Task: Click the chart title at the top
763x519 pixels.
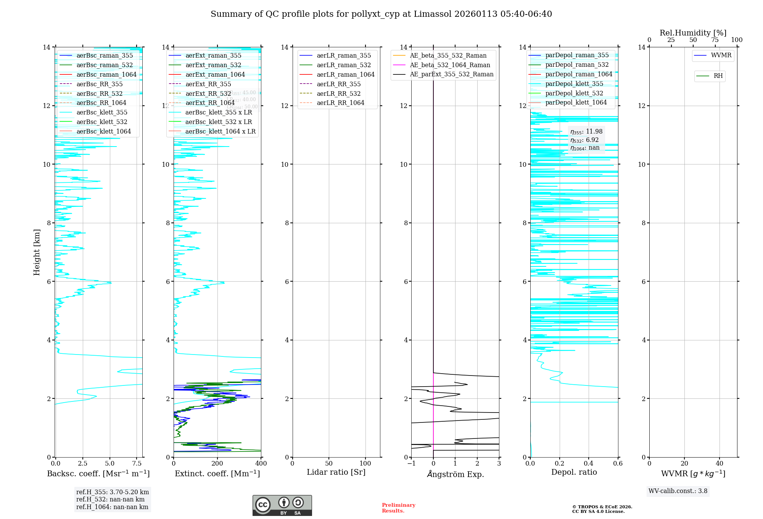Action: pyautogui.click(x=381, y=14)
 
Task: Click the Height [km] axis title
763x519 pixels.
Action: pyautogui.click(x=37, y=252)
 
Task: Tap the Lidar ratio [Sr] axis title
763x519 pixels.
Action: pyautogui.click(x=336, y=472)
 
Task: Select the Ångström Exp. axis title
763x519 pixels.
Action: pyautogui.click(x=455, y=474)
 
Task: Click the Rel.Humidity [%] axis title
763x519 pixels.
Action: pyautogui.click(x=693, y=33)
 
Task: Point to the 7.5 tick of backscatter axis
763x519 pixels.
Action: pyautogui.click(x=137, y=464)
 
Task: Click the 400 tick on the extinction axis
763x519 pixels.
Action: pyautogui.click(x=261, y=464)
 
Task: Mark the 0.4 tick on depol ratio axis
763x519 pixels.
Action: pyautogui.click(x=589, y=464)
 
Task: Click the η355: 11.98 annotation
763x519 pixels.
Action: pyautogui.click(x=586, y=132)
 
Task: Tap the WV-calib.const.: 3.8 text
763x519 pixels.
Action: pyautogui.click(x=678, y=491)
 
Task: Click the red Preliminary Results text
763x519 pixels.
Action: pyautogui.click(x=398, y=508)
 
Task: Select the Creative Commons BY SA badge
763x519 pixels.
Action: pyautogui.click(x=282, y=506)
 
